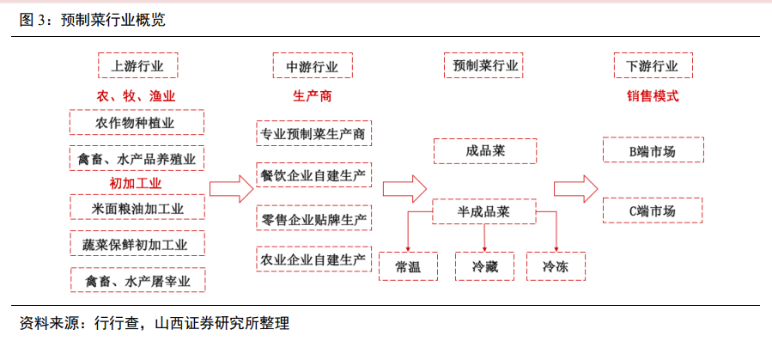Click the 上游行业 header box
click(137, 65)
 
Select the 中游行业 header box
click(313, 65)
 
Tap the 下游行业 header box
click(653, 65)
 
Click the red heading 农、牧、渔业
click(136, 96)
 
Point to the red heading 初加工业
click(136, 184)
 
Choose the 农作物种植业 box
click(137, 122)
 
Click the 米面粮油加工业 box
click(137, 207)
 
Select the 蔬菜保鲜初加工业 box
click(137, 243)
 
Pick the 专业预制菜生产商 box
click(313, 133)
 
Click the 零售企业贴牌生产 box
click(313, 218)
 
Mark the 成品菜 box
click(485, 151)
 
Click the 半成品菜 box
click(484, 211)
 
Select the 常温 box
click(408, 266)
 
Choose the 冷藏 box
click(484, 266)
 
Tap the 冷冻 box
click(556, 266)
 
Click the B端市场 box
click(653, 149)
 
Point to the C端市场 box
click(653, 211)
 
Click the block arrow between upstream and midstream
click(231, 189)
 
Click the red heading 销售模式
click(653, 96)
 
